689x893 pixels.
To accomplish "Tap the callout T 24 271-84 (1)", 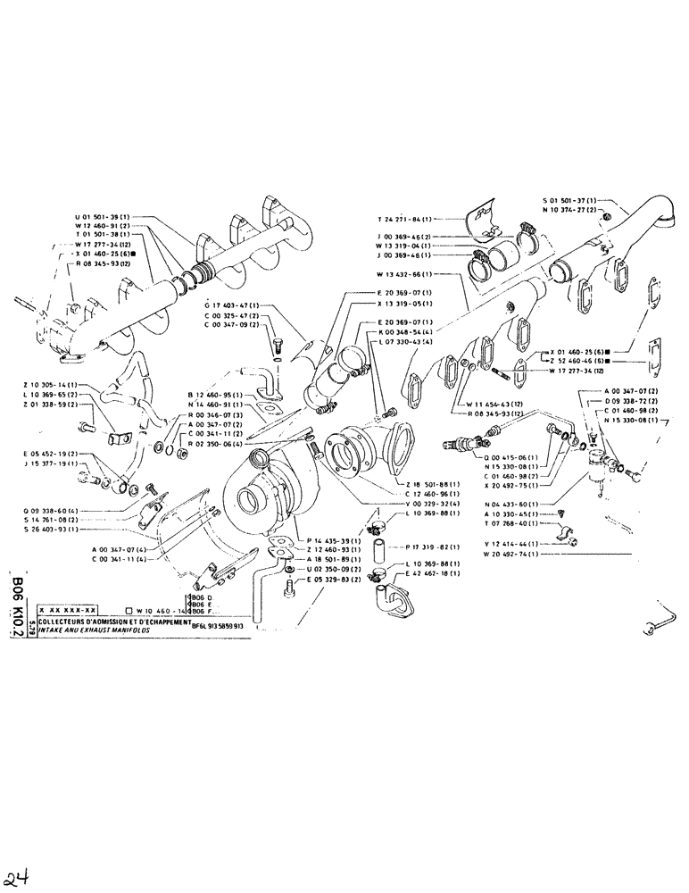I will (x=404, y=219).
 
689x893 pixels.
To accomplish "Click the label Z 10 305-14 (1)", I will (x=50, y=384).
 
